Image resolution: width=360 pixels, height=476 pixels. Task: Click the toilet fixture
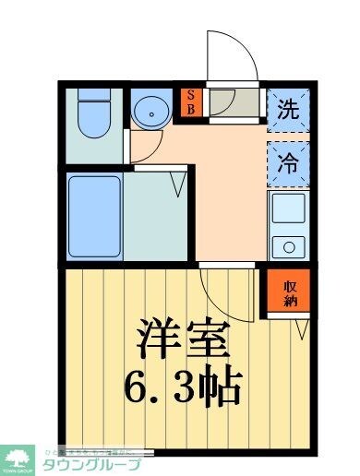92,114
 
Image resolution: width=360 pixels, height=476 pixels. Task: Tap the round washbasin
148,113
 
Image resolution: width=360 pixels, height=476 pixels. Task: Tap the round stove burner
289,245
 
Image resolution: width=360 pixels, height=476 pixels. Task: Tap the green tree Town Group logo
18,458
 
